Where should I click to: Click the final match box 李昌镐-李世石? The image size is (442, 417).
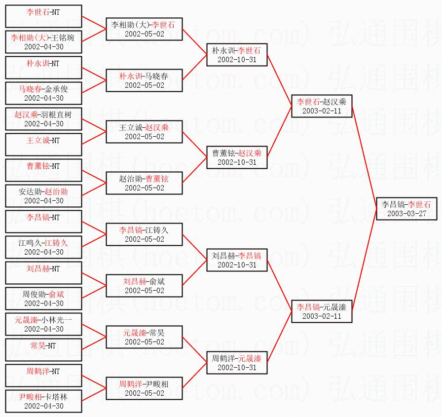(406, 209)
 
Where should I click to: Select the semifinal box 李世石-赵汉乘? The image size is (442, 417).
(322, 106)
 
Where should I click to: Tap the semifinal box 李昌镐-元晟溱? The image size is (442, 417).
(322, 311)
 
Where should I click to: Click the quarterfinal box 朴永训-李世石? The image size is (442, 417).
(237, 55)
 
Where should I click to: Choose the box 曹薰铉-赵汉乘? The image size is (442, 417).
(237, 157)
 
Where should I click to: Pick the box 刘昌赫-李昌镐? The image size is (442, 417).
(237, 260)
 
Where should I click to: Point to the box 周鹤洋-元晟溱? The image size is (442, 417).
(237, 363)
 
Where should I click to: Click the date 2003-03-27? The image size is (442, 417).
(406, 213)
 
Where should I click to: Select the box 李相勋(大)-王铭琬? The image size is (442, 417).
(44, 42)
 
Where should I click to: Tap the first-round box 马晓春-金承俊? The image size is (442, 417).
(44, 93)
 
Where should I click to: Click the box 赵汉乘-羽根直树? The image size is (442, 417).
(44, 119)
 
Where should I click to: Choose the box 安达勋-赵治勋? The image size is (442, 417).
(44, 196)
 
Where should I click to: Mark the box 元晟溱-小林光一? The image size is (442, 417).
(44, 324)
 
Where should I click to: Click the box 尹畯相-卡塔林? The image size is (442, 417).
(44, 401)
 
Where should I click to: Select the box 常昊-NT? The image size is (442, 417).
(44, 349)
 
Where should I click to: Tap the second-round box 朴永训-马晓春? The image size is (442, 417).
(144, 80)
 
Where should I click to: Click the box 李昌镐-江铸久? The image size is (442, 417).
(144, 234)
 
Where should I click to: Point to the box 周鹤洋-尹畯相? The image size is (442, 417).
(144, 388)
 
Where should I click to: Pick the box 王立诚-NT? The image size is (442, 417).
(44, 145)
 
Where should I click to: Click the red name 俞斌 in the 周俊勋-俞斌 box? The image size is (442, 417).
(56, 294)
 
